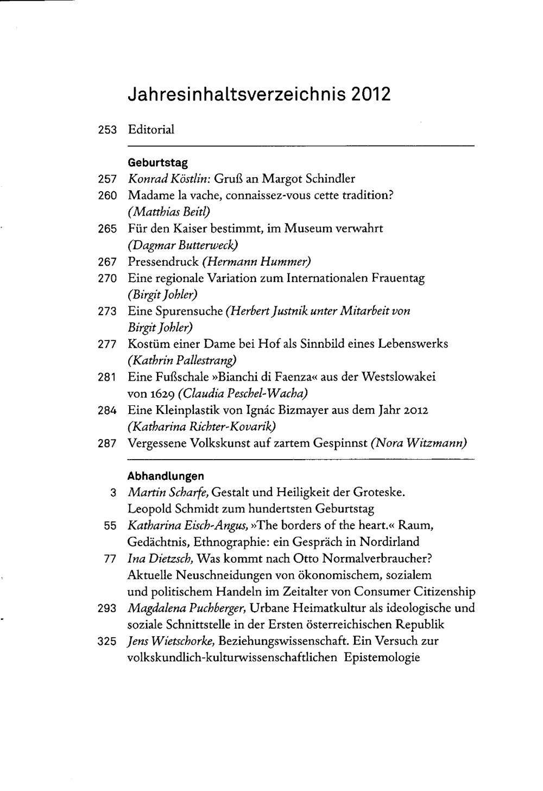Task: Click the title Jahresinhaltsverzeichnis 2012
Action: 258,94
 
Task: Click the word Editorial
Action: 151,130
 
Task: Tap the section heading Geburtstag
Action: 157,162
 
